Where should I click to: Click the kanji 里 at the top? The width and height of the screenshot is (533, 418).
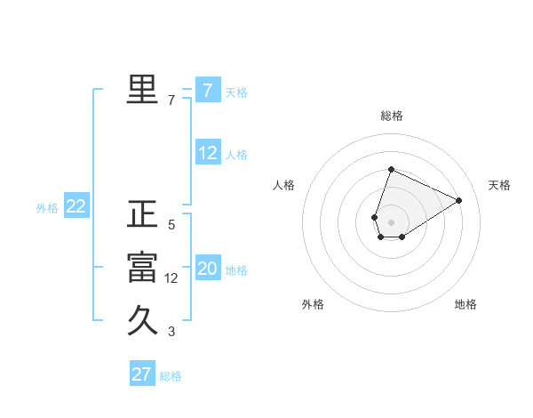[x=142, y=89]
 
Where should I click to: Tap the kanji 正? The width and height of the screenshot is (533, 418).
[x=142, y=214]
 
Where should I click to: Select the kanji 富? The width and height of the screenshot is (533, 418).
[x=142, y=268]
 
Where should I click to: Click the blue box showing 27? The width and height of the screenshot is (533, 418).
[x=142, y=374]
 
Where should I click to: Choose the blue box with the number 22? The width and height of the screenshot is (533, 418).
[x=76, y=207]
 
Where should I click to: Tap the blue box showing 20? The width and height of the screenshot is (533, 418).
[x=208, y=269]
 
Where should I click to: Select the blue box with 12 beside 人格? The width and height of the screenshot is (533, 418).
[x=208, y=153]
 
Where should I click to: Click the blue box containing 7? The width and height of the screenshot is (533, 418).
[x=208, y=90]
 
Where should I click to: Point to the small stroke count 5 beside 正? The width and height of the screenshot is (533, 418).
[x=171, y=225]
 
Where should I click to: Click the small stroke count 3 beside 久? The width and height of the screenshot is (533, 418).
[x=171, y=333]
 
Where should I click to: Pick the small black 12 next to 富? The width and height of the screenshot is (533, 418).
[x=171, y=278]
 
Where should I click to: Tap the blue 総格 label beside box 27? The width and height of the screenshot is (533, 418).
[x=171, y=376]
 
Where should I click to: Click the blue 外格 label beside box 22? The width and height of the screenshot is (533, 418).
[x=47, y=208]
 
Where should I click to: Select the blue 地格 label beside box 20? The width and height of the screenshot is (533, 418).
[x=236, y=270]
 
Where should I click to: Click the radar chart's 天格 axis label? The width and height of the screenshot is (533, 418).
[x=499, y=185]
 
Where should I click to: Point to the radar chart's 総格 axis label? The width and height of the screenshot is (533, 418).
[x=392, y=116]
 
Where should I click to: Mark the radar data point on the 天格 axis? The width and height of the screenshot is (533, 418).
[x=459, y=200]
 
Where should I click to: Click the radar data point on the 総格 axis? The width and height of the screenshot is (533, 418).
[x=391, y=170]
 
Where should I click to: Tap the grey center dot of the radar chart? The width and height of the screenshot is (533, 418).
[x=391, y=221]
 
